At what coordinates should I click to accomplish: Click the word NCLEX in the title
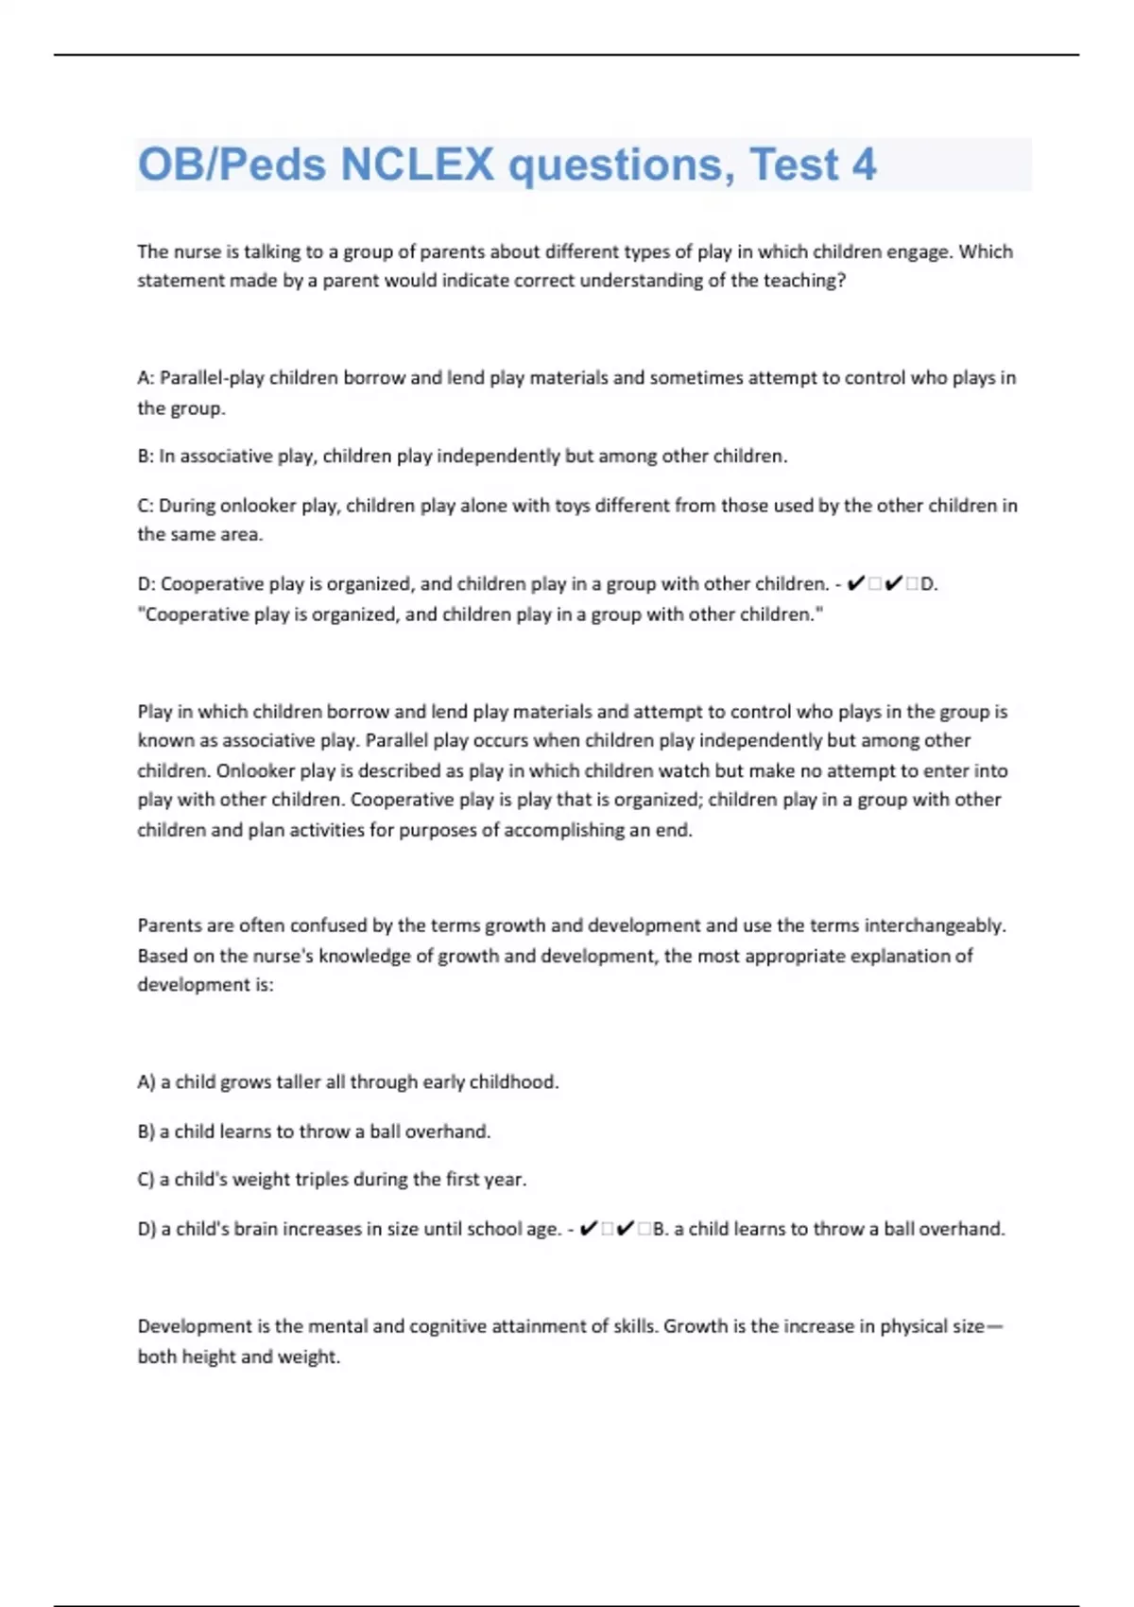[416, 164]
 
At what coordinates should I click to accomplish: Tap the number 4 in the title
[864, 164]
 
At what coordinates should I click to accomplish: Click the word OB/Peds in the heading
[232, 164]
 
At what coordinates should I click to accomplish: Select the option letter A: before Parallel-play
[146, 378]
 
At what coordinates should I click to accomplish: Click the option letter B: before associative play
[146, 457]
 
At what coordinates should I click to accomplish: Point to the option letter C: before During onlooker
[146, 506]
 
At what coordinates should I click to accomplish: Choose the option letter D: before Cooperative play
[146, 584]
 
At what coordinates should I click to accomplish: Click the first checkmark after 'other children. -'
[856, 584]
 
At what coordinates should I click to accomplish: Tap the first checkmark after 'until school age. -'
[587, 1229]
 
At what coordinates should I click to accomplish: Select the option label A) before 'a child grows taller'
[146, 1082]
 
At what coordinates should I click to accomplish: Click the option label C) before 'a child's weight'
[146, 1180]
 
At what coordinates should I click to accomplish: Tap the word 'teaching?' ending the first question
[804, 281]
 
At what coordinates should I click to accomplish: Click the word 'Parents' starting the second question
[169, 925]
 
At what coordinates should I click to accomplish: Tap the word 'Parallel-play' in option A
[212, 378]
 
